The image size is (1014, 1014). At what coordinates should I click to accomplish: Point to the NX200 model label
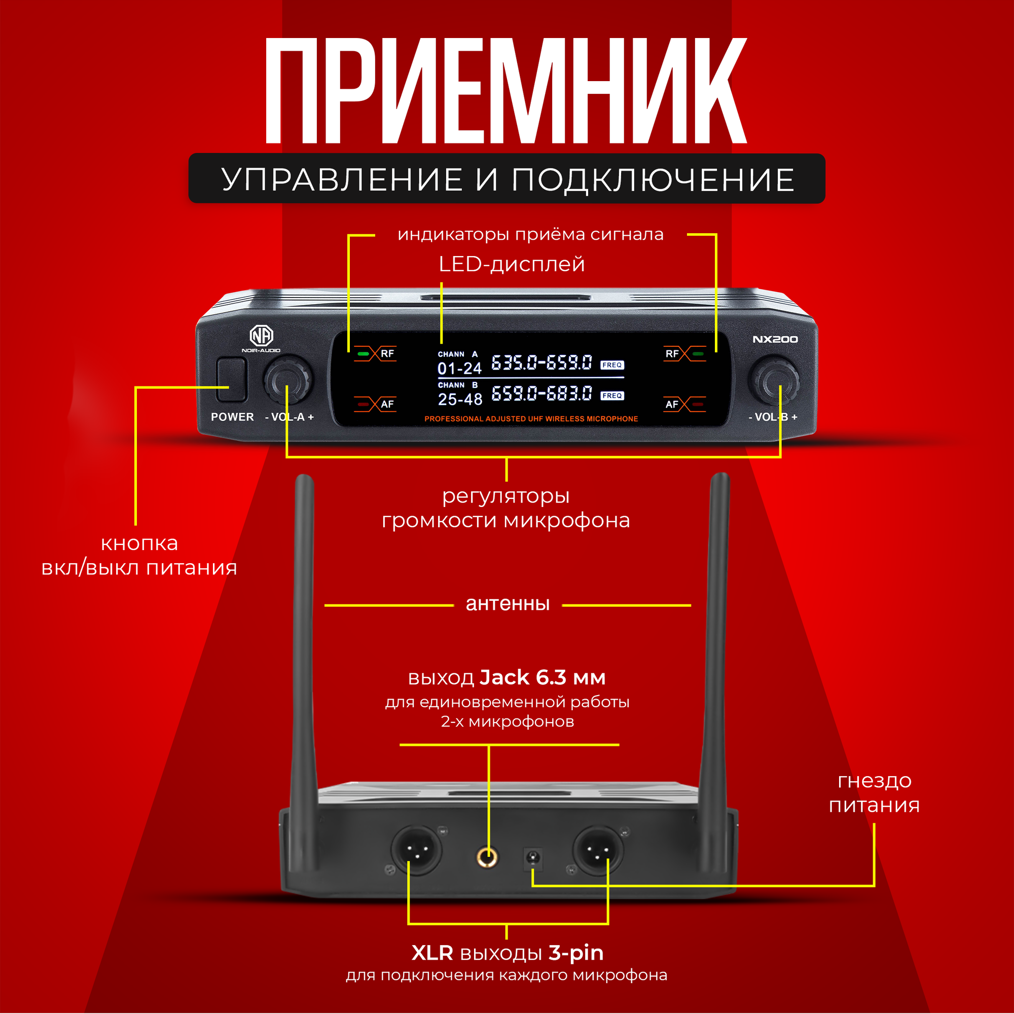(775, 340)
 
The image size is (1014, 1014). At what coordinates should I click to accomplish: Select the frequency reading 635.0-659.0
(541, 363)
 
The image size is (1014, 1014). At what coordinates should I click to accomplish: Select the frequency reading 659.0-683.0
(541, 393)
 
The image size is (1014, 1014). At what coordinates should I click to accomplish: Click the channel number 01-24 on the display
(459, 369)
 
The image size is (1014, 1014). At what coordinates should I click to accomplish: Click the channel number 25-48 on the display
(460, 400)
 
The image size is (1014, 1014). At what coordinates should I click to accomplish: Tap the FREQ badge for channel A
(612, 365)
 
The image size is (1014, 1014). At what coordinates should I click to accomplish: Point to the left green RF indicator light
(363, 354)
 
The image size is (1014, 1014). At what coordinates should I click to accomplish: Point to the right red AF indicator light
(698, 404)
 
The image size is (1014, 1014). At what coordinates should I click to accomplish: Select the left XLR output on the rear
(416, 850)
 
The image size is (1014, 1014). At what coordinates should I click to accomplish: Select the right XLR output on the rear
(598, 850)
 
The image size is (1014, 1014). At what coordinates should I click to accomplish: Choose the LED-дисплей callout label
(511, 264)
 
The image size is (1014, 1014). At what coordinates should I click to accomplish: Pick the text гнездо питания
(875, 793)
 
